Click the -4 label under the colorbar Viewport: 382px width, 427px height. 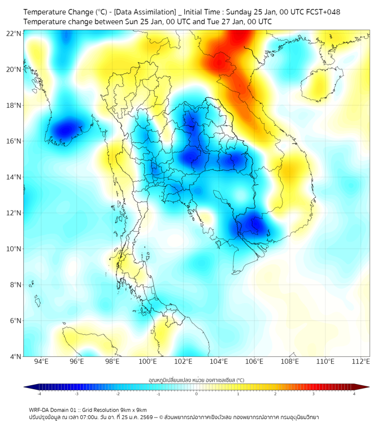(x=39, y=394)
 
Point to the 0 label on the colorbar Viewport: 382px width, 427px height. (x=197, y=394)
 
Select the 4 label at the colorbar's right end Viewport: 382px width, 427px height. (x=354, y=394)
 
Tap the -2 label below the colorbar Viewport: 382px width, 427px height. (x=118, y=394)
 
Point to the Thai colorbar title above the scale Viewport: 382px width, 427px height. (x=196, y=380)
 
